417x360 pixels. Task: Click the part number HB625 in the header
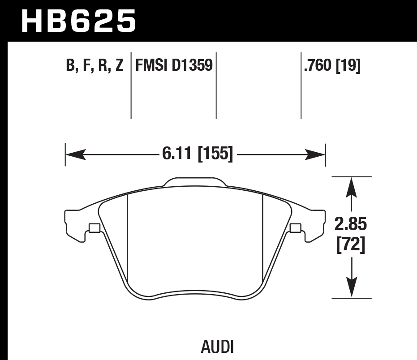coord(78,21)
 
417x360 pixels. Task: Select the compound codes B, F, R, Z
coord(95,66)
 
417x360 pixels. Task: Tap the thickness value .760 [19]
coord(332,66)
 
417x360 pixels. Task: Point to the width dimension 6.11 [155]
coord(197,155)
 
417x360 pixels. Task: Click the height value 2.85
coord(351,223)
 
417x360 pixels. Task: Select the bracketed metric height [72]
coord(351,245)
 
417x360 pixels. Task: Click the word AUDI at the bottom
coord(217,347)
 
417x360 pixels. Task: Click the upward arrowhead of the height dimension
coord(351,187)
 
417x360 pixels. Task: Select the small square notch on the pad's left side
coord(94,228)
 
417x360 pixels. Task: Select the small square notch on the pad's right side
coord(295,228)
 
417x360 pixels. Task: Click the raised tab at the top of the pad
coord(194,181)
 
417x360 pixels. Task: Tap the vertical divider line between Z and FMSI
coord(131,85)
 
